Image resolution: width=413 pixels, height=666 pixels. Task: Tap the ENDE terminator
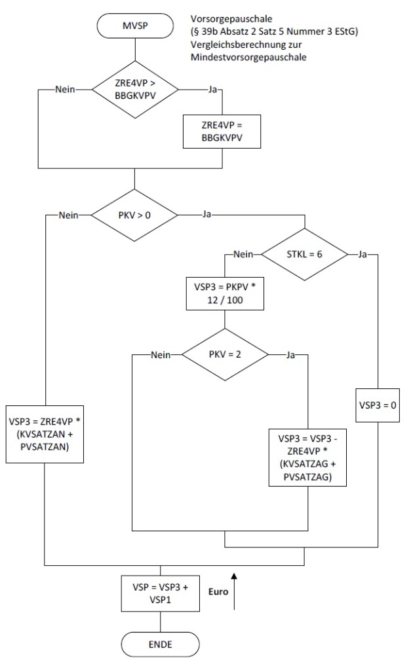click(160, 644)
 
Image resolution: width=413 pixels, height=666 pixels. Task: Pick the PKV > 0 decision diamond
click(134, 214)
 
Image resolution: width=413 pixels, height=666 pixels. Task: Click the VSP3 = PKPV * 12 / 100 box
click(225, 293)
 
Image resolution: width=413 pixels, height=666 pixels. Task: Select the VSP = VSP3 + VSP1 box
click(160, 593)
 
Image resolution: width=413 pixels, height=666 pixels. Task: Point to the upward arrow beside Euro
click(234, 591)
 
